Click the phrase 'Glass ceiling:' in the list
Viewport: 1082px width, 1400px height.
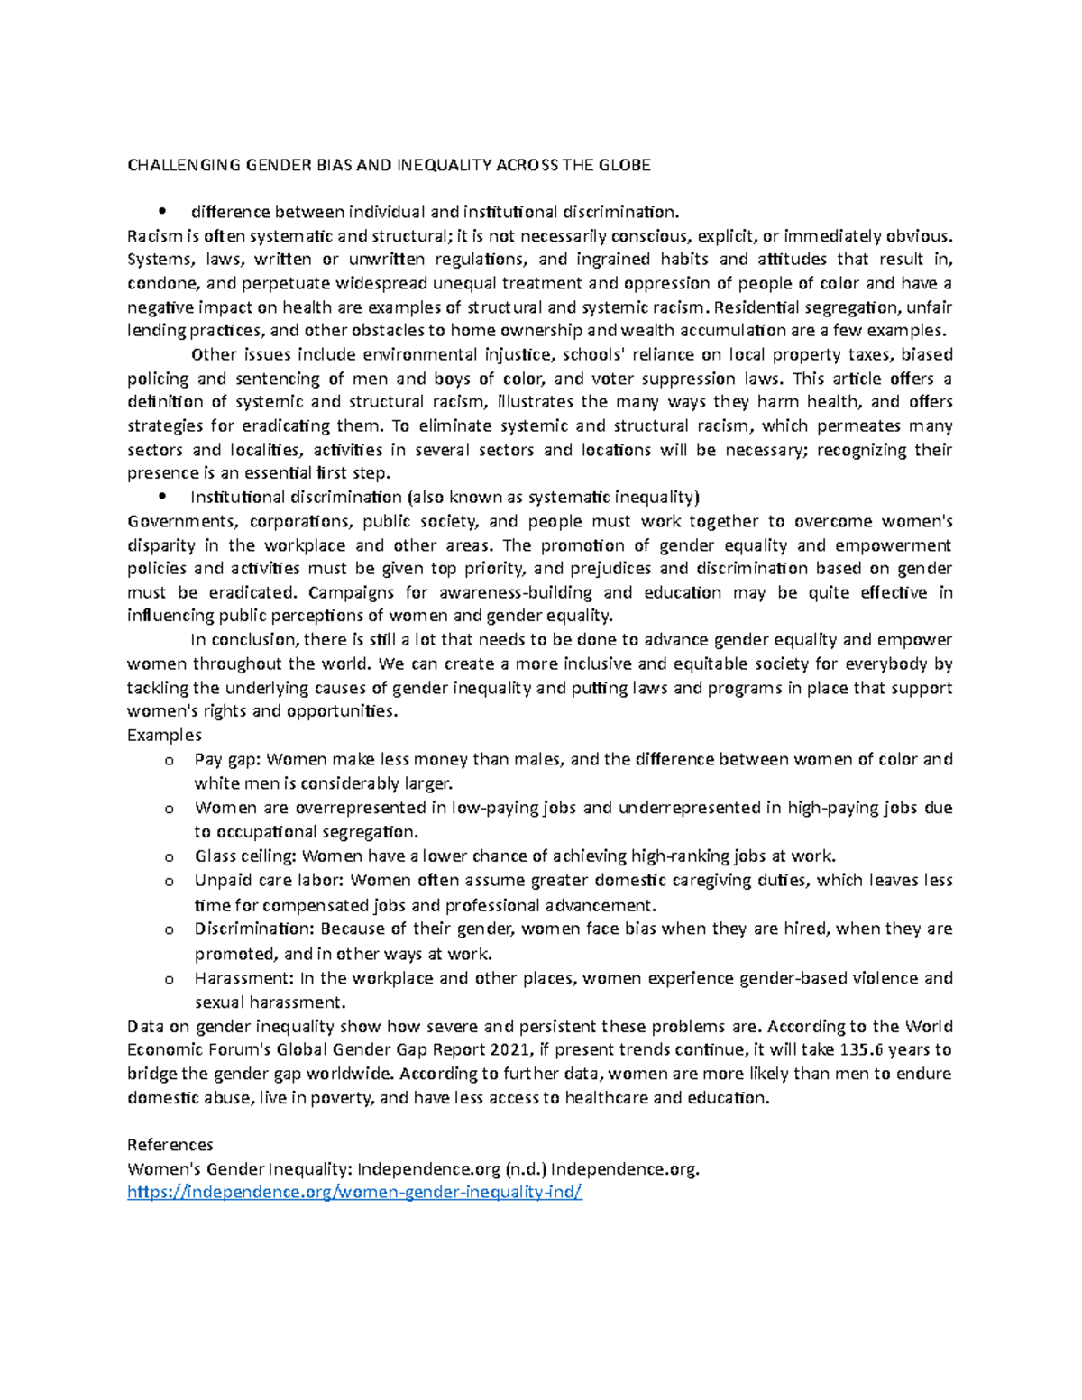(245, 856)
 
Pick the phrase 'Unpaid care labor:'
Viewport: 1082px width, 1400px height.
(270, 881)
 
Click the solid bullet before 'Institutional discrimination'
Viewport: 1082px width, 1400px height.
(162, 497)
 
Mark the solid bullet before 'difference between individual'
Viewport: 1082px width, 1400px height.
(162, 213)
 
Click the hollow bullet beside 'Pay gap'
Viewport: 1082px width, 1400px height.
(168, 761)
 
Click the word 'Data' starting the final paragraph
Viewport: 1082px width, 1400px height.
(144, 1026)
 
